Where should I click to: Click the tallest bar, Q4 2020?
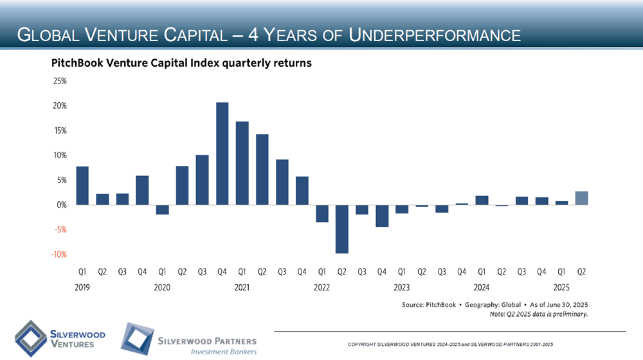[222, 154]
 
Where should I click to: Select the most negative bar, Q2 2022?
[341, 229]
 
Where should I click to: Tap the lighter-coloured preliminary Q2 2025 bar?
[581, 198]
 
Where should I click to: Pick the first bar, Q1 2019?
[82, 186]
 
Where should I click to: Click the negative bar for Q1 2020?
[162, 210]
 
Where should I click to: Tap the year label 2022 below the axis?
[321, 287]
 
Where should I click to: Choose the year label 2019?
[82, 287]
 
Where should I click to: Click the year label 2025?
[561, 287]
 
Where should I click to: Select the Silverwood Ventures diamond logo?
[30, 336]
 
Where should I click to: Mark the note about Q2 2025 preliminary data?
[538, 314]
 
